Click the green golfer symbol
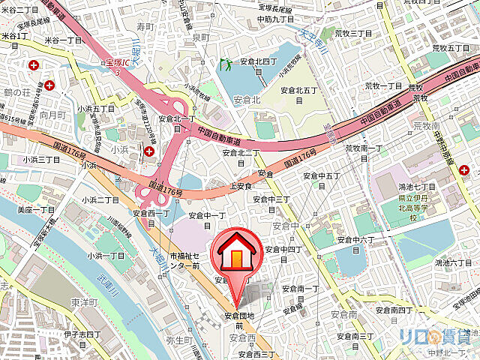tap(224, 65)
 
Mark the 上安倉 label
tap(239, 185)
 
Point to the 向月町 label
tap(53, 115)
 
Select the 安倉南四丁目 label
tap(396, 309)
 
